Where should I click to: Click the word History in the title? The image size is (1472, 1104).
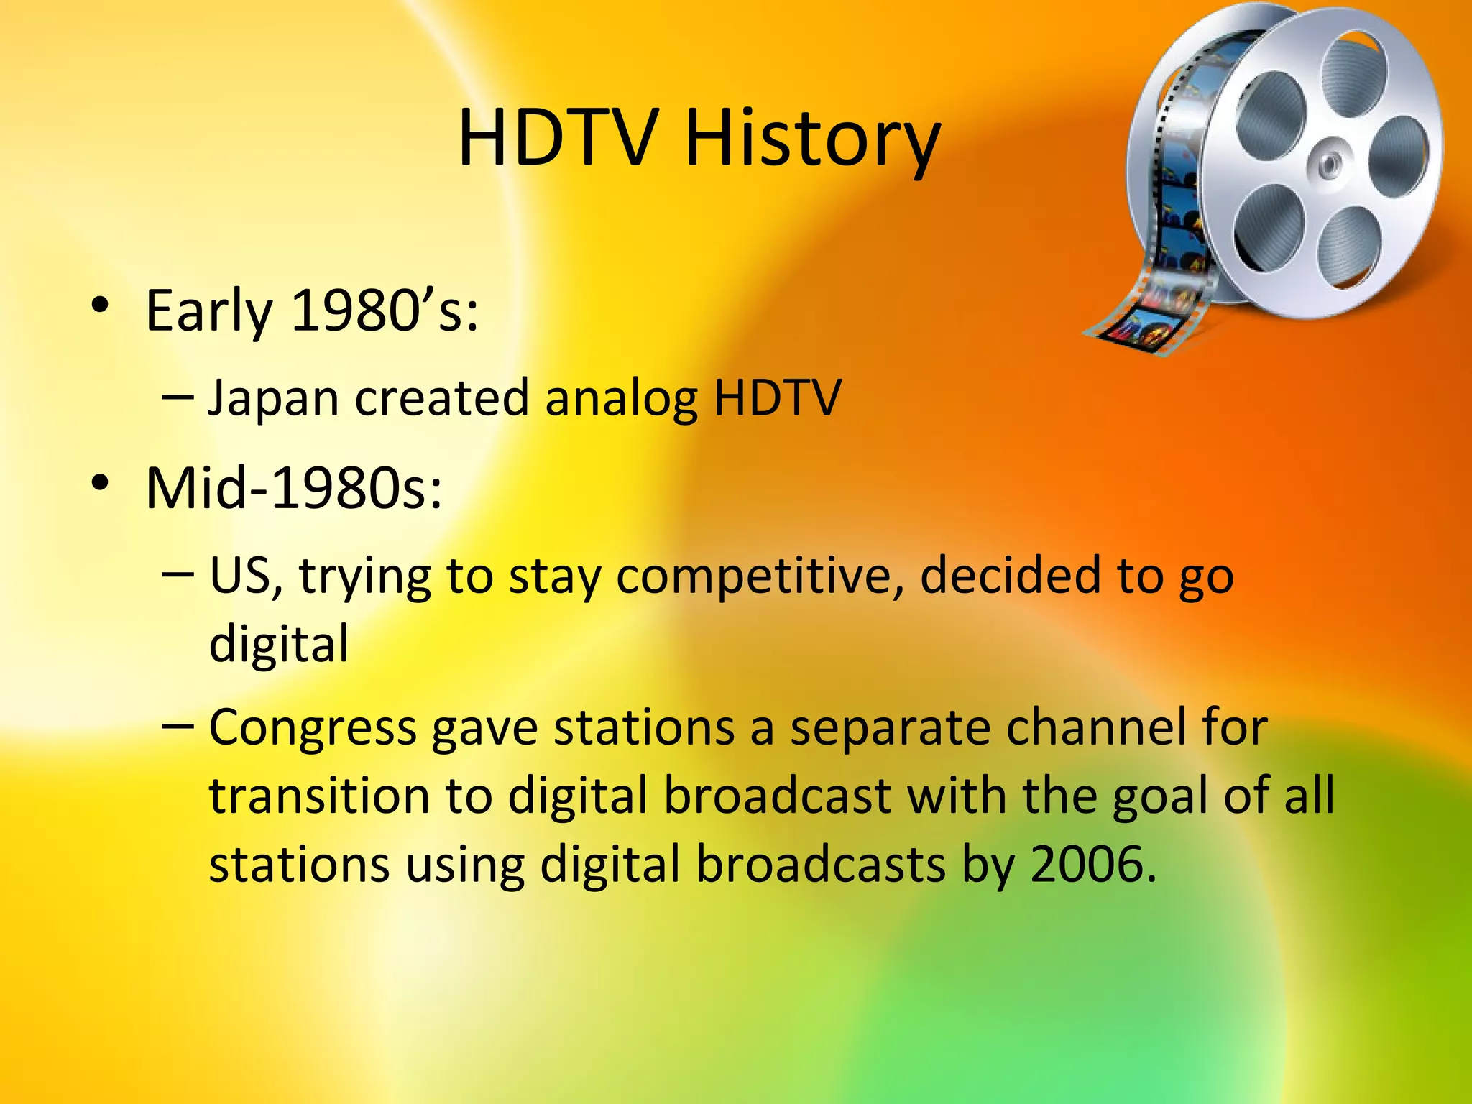point(812,138)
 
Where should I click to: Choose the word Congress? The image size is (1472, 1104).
point(313,729)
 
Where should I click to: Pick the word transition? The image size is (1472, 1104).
point(321,796)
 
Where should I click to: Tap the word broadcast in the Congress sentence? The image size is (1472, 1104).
point(777,796)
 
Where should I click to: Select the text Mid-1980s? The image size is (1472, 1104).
point(293,489)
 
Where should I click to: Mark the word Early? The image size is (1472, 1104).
point(208,312)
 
